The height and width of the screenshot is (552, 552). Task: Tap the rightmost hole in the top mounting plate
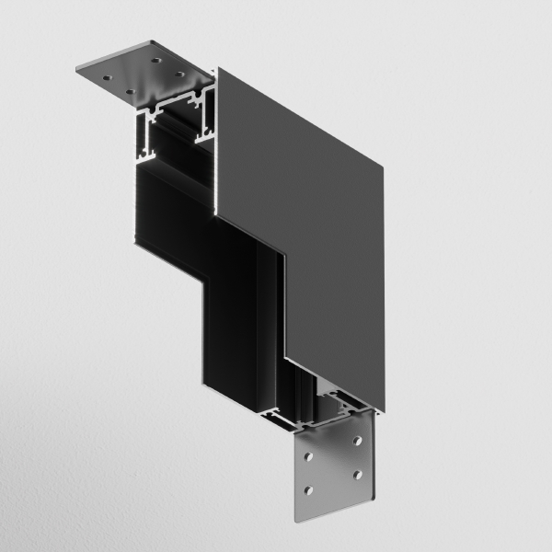coord(180,75)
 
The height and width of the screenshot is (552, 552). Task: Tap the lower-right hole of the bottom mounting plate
coord(354,477)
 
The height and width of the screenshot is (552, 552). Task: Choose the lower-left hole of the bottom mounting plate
coord(310,489)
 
